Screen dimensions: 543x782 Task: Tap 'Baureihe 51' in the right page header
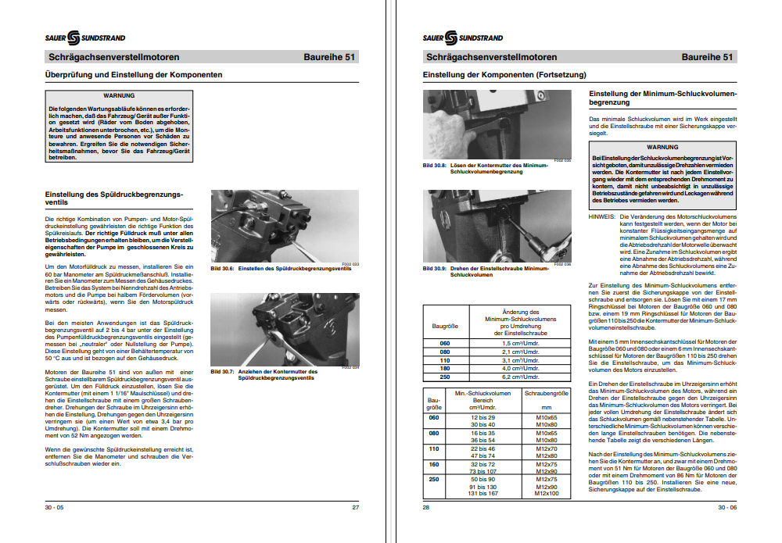(708, 57)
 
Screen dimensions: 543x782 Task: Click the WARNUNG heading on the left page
(119, 95)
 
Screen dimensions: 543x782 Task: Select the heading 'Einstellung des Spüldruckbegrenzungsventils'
(114, 198)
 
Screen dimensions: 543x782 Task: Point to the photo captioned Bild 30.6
(285, 226)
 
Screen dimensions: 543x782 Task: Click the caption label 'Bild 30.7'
(223, 371)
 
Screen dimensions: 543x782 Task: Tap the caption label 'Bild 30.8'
(434, 166)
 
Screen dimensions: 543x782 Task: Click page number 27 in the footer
(355, 507)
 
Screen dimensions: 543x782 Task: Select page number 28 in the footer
(427, 507)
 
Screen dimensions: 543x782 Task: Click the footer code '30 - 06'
(727, 507)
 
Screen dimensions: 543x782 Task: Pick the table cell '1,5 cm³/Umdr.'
(520, 344)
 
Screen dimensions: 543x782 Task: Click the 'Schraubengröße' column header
(546, 393)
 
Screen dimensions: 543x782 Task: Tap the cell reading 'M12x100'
(546, 494)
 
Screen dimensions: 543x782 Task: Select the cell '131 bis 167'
(482, 494)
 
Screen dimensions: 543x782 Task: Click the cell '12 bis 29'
(482, 418)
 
